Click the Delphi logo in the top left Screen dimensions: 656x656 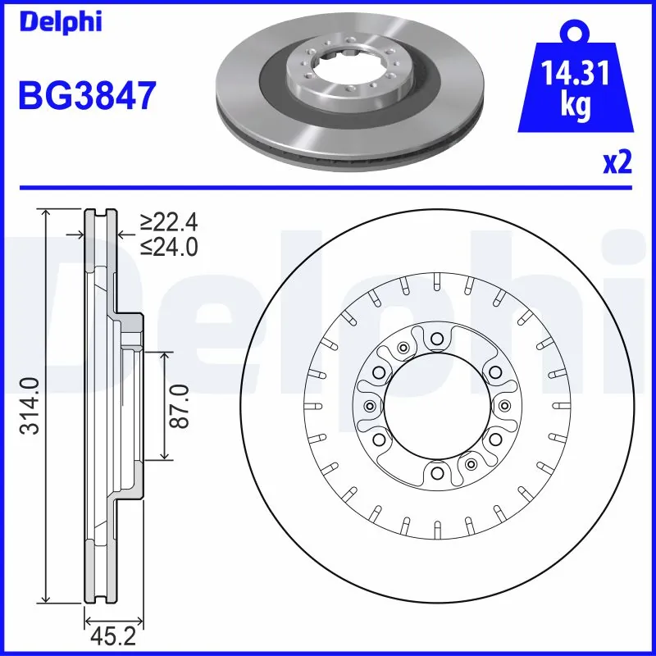coord(60,22)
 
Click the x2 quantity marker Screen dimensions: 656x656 coord(617,163)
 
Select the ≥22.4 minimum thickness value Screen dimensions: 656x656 coord(169,222)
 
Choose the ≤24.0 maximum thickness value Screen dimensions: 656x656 coord(169,246)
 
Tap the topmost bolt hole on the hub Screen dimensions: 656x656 coord(436,337)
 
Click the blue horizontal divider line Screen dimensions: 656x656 coord(328,187)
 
